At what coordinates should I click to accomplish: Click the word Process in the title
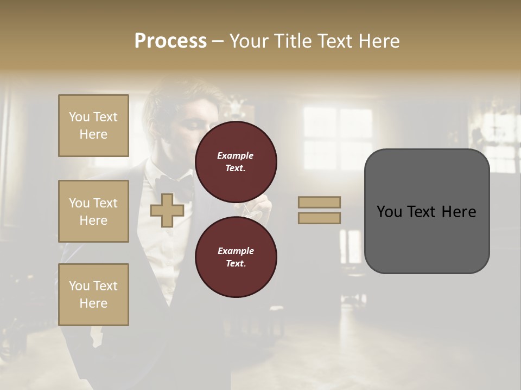click(170, 41)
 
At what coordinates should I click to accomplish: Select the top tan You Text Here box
click(93, 126)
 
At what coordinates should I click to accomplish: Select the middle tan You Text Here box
click(93, 211)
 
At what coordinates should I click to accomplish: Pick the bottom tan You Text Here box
click(93, 294)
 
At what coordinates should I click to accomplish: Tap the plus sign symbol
click(167, 211)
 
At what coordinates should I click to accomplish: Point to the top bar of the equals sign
click(319, 202)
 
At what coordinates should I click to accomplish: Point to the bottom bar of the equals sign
click(319, 218)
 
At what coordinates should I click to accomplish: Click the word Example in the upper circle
click(236, 155)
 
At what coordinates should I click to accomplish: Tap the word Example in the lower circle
click(236, 251)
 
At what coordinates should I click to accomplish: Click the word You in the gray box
click(389, 212)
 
